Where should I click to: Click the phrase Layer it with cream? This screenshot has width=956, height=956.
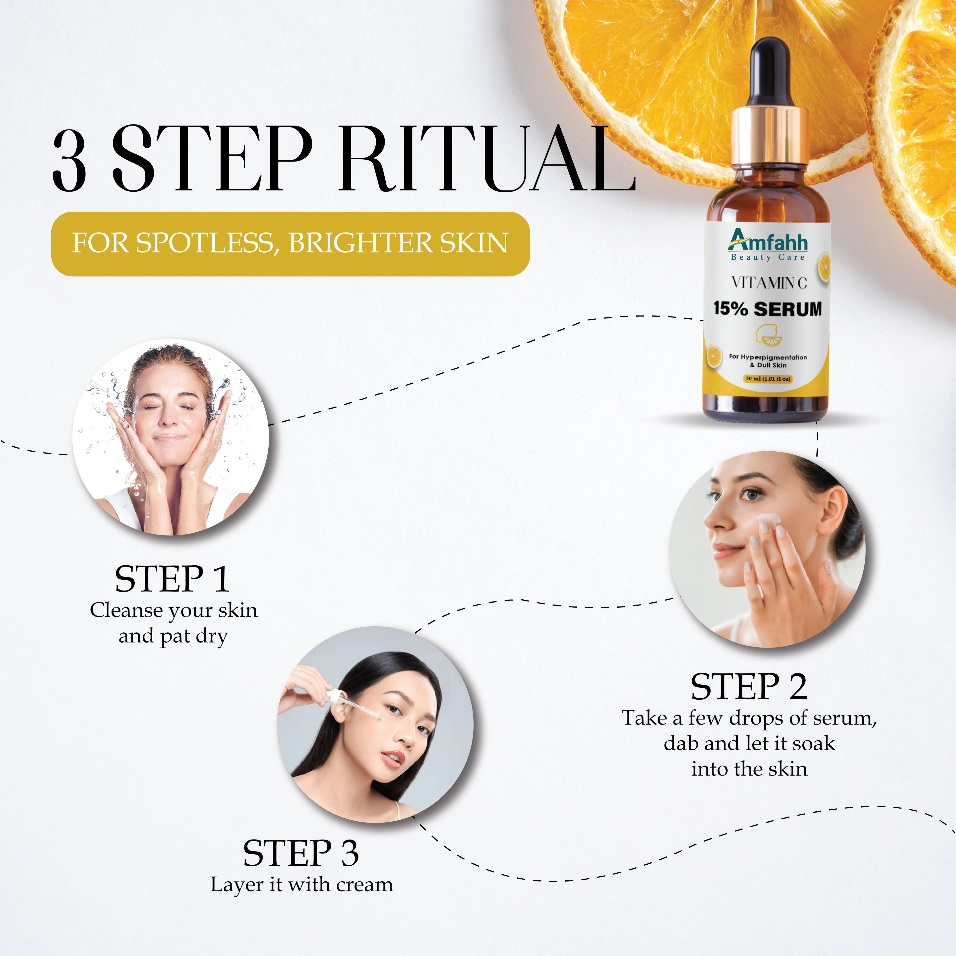[302, 885]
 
